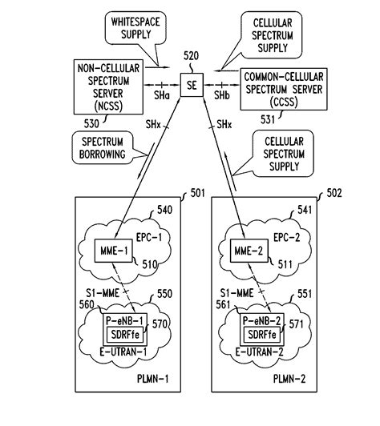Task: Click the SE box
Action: (191, 83)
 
